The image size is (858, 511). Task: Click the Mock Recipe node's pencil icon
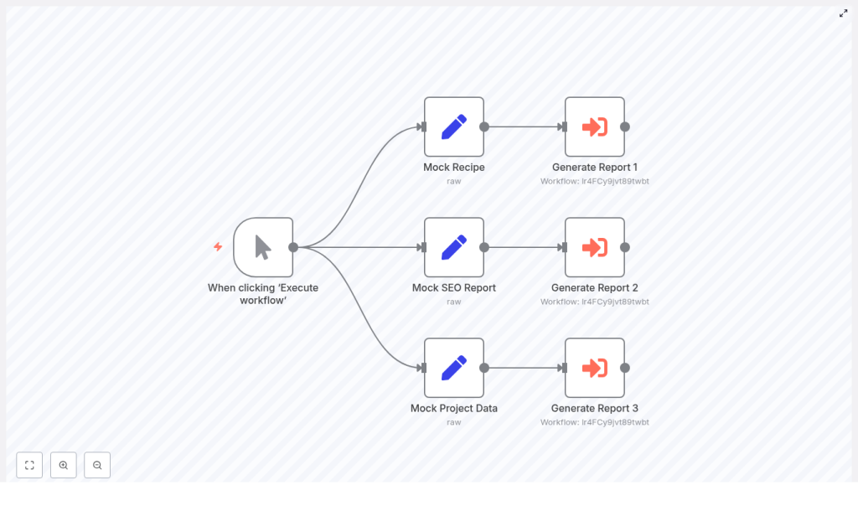click(453, 126)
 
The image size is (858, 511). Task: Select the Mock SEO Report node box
click(453, 247)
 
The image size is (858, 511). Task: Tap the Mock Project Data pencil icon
click(453, 368)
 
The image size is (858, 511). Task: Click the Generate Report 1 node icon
click(594, 126)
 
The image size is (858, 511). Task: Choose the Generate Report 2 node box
click(594, 247)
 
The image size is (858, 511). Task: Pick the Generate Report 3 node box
click(594, 368)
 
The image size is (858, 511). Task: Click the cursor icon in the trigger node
click(263, 247)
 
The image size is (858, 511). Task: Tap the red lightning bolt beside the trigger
click(218, 247)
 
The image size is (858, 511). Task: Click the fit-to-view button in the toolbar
click(29, 465)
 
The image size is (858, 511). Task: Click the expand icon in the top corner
click(843, 13)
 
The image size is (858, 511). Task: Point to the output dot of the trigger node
click(293, 247)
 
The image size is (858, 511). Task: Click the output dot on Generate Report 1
click(624, 126)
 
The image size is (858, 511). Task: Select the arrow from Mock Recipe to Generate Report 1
click(524, 127)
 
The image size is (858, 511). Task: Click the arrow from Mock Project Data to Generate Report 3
click(524, 368)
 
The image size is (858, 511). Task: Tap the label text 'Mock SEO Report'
click(453, 287)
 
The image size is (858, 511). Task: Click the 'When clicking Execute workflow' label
click(263, 293)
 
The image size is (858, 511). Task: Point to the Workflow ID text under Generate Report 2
click(594, 302)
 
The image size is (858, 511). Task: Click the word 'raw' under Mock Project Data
click(453, 422)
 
